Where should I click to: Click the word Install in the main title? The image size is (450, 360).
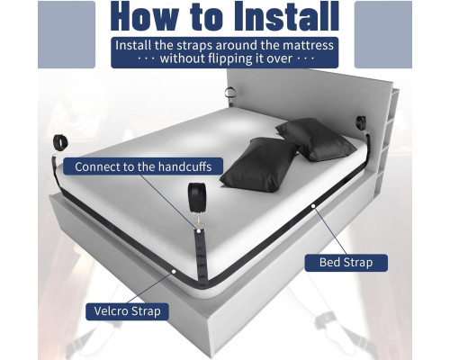pos(287,16)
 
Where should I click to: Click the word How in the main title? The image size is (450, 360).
pos(143,16)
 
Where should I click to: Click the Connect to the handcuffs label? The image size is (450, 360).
pos(143,166)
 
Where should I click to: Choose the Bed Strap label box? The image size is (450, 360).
pos(346,263)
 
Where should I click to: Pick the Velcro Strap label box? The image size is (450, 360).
pos(127,311)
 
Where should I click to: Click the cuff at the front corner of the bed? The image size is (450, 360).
pos(197,196)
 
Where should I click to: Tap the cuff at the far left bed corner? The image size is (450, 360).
pos(61,142)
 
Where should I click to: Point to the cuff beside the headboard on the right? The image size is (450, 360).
pos(361,123)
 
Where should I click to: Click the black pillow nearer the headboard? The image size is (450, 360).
pos(316,139)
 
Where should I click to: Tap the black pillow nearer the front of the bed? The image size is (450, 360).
pos(260,165)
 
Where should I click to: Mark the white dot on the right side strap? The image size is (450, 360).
pos(313,206)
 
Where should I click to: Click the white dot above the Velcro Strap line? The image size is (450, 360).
pos(174,272)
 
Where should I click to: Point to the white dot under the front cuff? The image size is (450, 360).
pos(199,230)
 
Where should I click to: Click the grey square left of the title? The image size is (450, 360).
pos(67,34)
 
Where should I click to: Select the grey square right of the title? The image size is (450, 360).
pos(383,34)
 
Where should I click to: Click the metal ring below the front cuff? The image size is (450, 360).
pos(199,225)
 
